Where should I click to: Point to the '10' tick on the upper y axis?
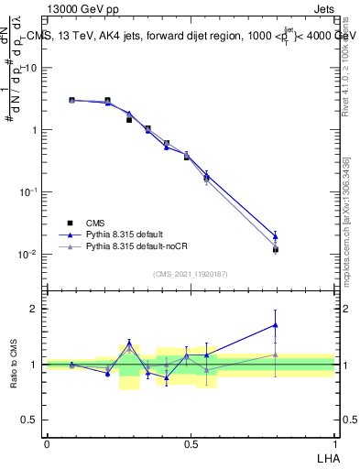(33, 68)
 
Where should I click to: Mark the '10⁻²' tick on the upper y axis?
(30, 254)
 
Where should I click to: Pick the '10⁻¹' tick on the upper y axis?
(30, 191)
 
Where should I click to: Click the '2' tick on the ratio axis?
(37, 309)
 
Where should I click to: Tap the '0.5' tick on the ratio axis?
(32, 420)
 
